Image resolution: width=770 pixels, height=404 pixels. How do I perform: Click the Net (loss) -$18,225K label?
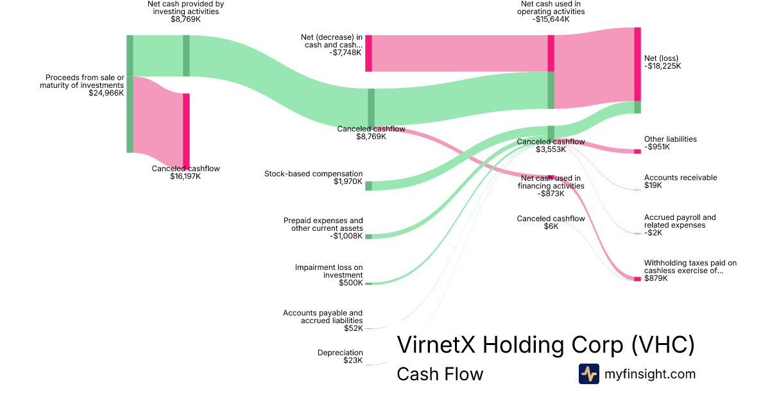point(662,62)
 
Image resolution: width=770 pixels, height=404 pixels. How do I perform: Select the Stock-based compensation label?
point(313,178)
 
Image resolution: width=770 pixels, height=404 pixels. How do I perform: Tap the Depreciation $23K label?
point(340,357)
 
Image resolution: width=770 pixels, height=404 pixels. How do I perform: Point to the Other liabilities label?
point(670,143)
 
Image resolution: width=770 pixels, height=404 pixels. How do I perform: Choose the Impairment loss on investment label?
point(329,275)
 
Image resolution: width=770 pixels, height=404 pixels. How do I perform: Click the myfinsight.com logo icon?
point(588,374)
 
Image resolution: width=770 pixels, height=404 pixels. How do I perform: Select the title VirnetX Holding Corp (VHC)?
point(545,344)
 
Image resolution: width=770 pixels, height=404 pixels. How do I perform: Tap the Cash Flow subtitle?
point(440,374)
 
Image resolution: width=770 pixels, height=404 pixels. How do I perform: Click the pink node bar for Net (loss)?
point(637,64)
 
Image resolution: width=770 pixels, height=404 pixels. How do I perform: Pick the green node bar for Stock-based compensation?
point(368,186)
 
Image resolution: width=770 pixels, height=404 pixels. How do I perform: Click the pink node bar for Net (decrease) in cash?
point(368,53)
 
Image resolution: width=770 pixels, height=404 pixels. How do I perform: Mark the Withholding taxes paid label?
point(690,271)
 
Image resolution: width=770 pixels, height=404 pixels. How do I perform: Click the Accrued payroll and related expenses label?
point(680,225)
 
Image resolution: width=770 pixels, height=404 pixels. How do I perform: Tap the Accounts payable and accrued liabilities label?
point(323,321)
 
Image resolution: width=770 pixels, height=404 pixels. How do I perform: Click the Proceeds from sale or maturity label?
point(81,85)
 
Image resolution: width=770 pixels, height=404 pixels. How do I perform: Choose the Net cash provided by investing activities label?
point(185,11)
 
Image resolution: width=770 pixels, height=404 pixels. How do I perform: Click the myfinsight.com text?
point(649,374)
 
